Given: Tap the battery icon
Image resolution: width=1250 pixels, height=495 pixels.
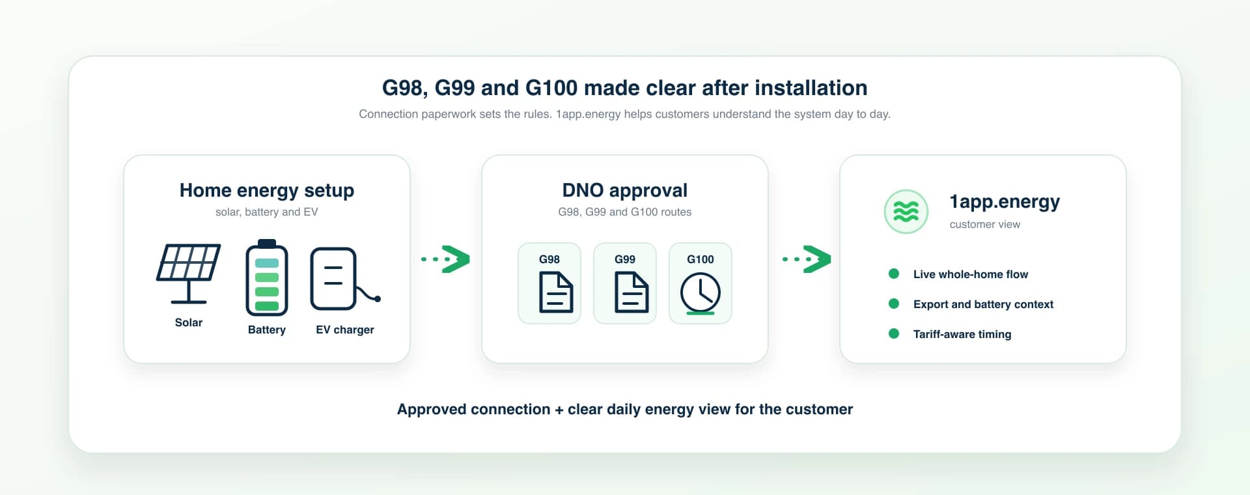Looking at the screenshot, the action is (267, 277).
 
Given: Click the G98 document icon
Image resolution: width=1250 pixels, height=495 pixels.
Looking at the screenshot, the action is (556, 292).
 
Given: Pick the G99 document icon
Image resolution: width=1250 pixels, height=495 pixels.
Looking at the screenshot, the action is (632, 292).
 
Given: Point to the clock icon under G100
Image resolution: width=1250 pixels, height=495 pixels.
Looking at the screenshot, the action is (701, 293).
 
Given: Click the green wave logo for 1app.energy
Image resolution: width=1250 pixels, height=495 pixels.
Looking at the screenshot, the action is (906, 212).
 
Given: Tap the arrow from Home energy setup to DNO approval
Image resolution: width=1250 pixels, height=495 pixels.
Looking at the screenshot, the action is (446, 259).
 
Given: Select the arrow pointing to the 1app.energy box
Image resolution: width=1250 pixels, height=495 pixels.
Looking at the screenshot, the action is (807, 259).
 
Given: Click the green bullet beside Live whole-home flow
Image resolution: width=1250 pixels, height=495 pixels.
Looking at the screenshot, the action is (894, 274).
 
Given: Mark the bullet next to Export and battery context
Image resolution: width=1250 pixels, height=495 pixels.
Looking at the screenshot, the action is (894, 304).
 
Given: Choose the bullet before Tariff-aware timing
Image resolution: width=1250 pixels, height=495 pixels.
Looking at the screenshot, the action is (894, 333).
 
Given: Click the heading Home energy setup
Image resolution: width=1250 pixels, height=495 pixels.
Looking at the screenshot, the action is (267, 190).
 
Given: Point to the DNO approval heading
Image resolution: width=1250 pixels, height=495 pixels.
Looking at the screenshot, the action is (625, 190).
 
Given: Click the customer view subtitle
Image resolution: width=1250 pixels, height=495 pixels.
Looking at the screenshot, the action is (985, 224).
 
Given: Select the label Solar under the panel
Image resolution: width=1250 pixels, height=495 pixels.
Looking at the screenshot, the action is (189, 322).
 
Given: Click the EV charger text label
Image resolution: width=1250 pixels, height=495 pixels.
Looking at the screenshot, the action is (345, 330).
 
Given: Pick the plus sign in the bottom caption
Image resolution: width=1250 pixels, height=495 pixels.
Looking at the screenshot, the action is (559, 410).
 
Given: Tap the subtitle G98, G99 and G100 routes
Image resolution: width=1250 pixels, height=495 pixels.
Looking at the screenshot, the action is (625, 212).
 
